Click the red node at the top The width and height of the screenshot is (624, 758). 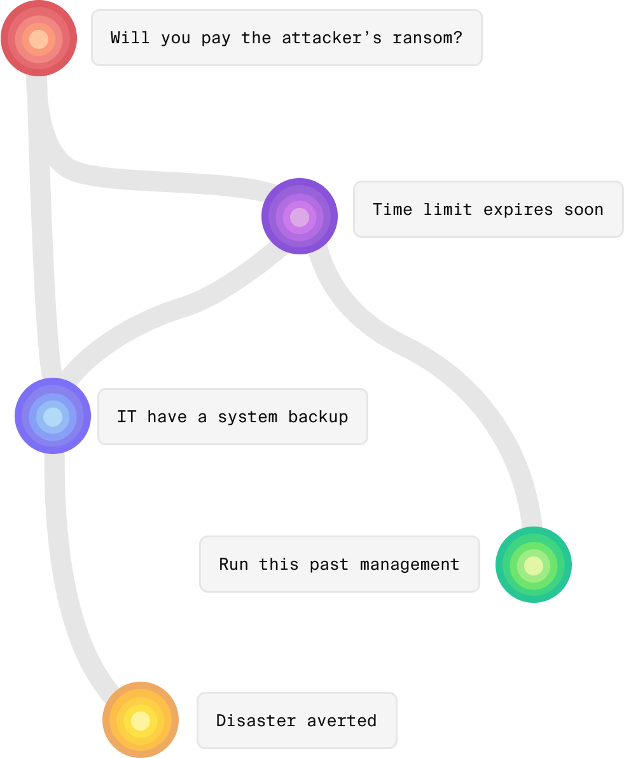click(x=39, y=38)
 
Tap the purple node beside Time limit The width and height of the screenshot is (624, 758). click(x=300, y=216)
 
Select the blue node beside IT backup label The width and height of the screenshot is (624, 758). click(x=53, y=417)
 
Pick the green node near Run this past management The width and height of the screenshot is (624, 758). click(x=533, y=565)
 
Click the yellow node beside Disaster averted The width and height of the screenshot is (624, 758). click(x=141, y=720)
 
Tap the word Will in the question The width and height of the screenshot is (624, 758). click(x=130, y=38)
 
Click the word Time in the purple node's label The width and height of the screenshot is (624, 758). click(x=392, y=209)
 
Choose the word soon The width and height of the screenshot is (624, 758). click(x=583, y=209)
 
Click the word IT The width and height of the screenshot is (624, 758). click(x=127, y=417)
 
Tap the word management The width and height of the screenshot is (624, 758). click(x=409, y=564)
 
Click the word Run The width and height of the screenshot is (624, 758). click(x=233, y=564)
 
